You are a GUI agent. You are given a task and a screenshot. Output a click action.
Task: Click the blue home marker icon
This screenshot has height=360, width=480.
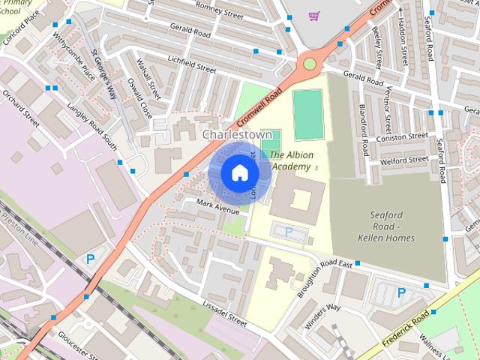(239, 172)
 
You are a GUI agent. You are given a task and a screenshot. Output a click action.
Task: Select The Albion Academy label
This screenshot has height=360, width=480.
(292, 160)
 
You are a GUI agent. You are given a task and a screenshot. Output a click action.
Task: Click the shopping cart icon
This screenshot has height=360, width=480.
(314, 15)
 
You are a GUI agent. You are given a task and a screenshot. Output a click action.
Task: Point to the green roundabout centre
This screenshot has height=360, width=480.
(309, 64)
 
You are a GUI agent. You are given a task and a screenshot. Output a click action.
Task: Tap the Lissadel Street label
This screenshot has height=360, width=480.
(224, 313)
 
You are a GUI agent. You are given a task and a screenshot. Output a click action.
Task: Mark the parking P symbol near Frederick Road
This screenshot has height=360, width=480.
(401, 292)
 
